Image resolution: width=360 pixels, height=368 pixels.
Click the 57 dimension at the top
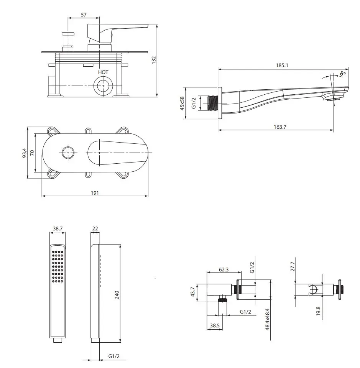[x=84, y=15]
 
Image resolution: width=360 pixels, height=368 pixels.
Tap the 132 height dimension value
[x=154, y=60]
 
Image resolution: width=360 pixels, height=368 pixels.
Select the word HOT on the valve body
[x=103, y=72]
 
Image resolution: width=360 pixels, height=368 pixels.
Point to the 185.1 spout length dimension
[x=282, y=65]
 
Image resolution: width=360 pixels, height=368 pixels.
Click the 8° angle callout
[x=343, y=74]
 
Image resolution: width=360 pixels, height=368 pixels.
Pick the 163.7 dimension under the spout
[x=280, y=127]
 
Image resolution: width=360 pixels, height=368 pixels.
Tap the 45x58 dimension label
[x=182, y=103]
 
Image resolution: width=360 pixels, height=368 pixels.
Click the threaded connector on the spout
[x=213, y=103]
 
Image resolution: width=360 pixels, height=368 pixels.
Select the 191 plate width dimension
[x=95, y=193]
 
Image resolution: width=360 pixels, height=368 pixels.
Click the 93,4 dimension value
[x=25, y=153]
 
